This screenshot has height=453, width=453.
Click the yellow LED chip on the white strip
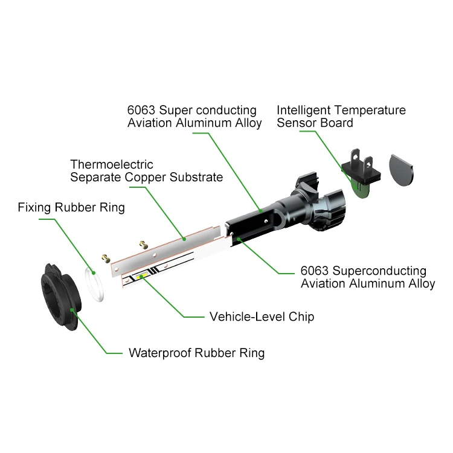click(144, 276)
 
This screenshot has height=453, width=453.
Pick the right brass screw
click(144, 244)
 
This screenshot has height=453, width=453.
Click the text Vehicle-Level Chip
click(262, 316)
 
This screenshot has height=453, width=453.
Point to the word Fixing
click(33, 208)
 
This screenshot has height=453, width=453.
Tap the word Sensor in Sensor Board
click(297, 123)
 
